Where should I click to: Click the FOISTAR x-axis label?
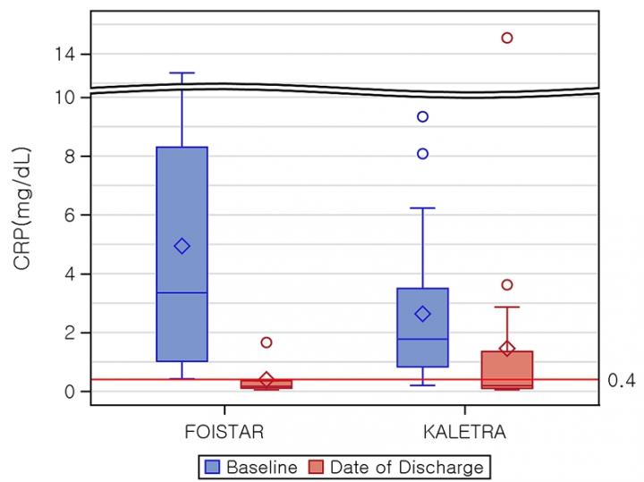224,433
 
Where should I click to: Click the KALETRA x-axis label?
464,433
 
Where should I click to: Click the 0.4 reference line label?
621,381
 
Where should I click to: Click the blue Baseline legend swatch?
212,467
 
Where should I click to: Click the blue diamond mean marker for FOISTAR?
182,246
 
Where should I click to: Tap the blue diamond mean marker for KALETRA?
422,314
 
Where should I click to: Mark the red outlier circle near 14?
507,38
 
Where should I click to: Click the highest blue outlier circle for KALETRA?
422,116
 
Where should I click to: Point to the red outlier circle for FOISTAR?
266,342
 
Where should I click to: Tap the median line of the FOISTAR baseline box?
182,292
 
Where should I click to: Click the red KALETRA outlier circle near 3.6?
507,285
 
